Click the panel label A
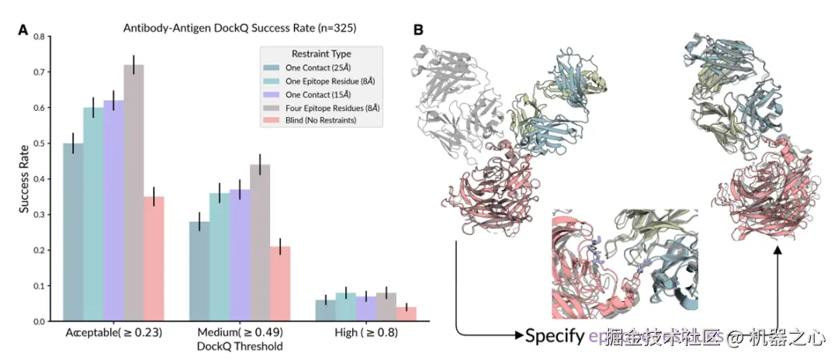(x=23, y=30)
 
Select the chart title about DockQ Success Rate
(x=239, y=29)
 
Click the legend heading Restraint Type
(x=320, y=54)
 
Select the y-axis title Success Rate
(x=24, y=179)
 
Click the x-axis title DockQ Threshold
(x=239, y=346)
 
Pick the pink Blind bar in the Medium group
(x=280, y=283)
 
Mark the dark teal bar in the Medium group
(x=199, y=271)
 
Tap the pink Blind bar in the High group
(x=406, y=313)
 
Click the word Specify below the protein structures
(x=555, y=336)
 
